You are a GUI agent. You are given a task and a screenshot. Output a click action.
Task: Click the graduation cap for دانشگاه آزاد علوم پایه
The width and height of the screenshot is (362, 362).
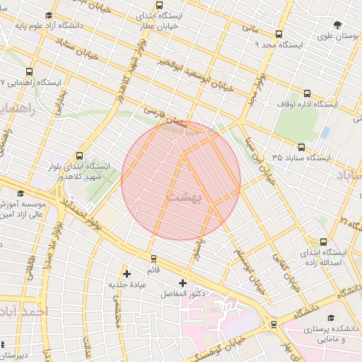click(x=48, y=16)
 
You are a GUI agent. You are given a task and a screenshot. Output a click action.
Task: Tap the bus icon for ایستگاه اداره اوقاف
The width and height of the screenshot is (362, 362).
click(x=308, y=93)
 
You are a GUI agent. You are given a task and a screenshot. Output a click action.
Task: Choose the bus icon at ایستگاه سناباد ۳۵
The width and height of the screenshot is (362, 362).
click(x=302, y=147)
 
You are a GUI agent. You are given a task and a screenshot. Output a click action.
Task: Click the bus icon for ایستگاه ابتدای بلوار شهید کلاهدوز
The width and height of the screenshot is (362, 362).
click(x=78, y=156)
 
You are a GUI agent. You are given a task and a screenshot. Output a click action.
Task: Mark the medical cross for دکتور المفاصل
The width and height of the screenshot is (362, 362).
click(x=182, y=283)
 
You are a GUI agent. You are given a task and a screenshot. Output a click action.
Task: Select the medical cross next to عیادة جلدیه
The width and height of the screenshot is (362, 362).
click(x=127, y=274)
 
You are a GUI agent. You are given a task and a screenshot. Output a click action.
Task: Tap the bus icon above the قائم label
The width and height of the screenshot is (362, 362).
click(x=153, y=259)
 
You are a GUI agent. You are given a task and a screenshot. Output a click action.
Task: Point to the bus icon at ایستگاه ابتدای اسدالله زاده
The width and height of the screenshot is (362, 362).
click(x=323, y=241)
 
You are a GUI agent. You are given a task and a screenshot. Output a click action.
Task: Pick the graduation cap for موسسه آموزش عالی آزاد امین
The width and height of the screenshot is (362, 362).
click(x=21, y=193)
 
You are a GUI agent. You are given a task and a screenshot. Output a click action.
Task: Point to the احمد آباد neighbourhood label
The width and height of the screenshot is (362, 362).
click(x=25, y=311)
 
